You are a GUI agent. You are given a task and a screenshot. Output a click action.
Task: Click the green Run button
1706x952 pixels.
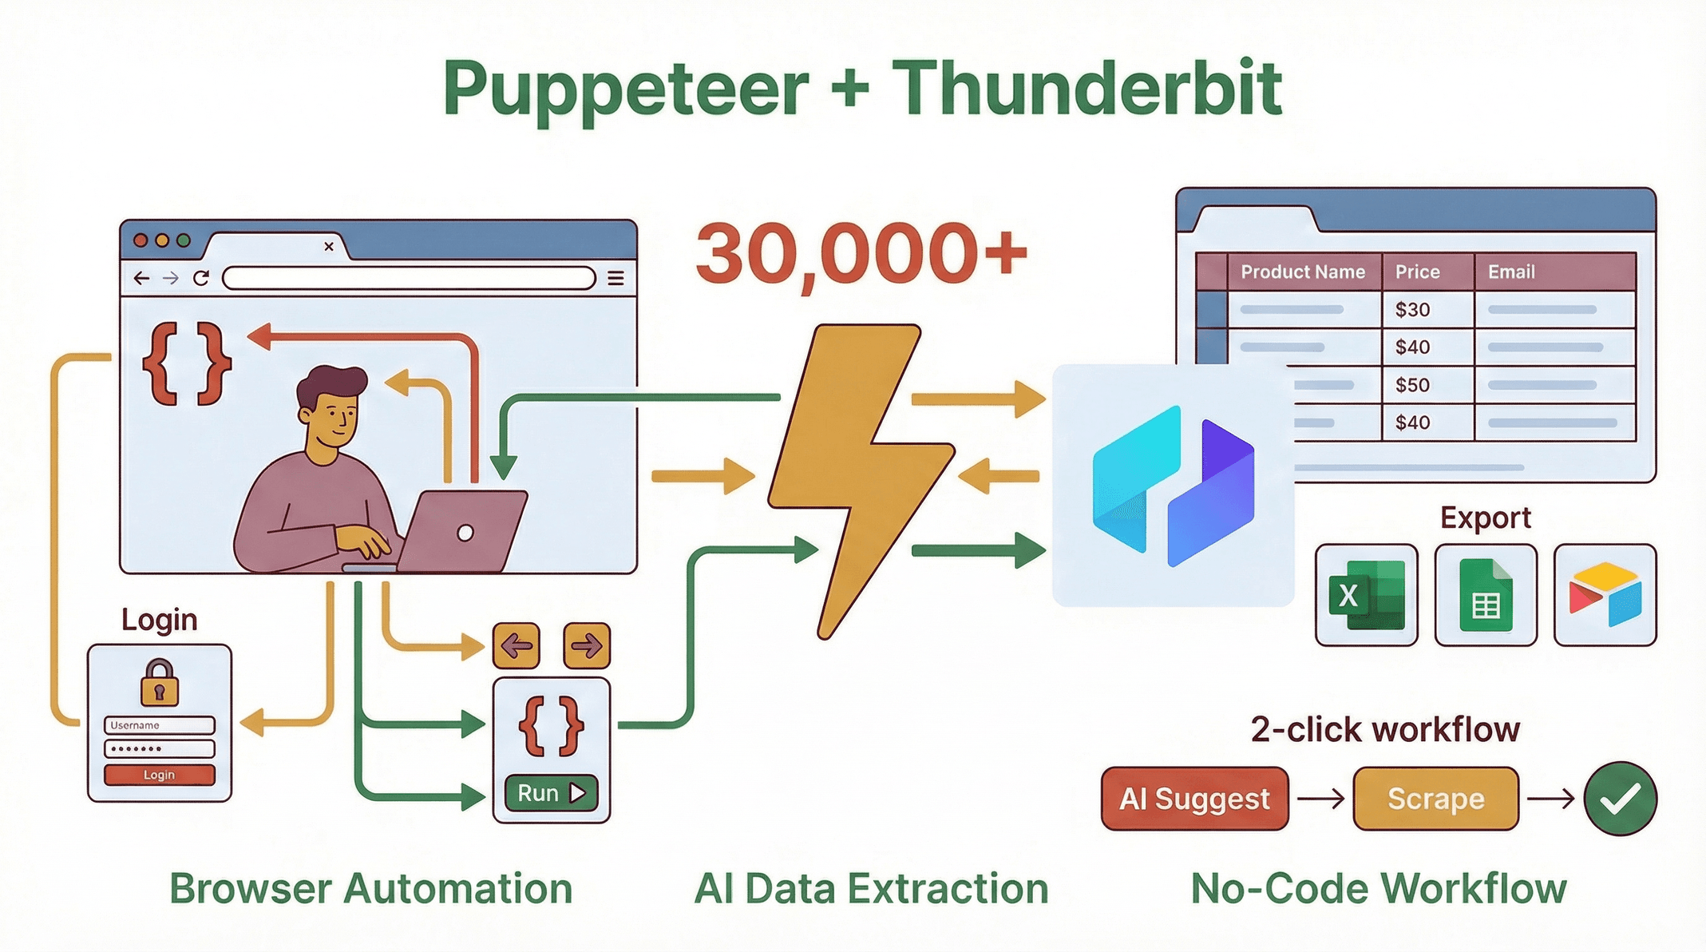click(551, 793)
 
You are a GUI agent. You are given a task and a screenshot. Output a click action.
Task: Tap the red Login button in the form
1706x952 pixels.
click(159, 775)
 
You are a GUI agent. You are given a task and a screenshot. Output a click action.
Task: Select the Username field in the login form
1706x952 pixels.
click(159, 725)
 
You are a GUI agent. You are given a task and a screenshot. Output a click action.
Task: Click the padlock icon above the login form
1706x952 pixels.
click(159, 683)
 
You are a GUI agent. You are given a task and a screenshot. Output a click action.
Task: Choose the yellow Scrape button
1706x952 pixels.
click(1435, 799)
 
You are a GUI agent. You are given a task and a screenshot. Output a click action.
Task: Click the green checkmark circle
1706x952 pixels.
click(1620, 799)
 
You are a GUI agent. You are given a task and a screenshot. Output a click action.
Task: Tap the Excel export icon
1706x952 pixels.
click(1366, 595)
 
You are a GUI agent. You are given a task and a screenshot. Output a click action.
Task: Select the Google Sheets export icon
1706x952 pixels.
click(1485, 595)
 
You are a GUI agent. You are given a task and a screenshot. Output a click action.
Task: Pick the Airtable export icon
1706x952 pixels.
click(1605, 595)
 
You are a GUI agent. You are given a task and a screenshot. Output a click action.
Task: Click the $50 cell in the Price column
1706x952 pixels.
click(1412, 385)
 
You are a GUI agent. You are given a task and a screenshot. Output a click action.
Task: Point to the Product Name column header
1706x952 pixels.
click(1302, 272)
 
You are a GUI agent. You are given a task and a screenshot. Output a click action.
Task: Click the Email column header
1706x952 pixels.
click(1510, 272)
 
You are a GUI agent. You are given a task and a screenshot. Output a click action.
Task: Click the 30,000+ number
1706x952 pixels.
click(861, 254)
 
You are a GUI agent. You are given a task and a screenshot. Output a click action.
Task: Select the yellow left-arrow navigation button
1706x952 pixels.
click(517, 645)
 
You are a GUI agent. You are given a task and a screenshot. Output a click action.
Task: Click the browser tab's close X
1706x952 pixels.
click(329, 247)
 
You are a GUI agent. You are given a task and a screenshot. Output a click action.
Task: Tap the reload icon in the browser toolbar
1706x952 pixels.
click(201, 278)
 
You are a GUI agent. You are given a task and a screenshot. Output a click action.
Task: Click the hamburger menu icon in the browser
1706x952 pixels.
click(616, 278)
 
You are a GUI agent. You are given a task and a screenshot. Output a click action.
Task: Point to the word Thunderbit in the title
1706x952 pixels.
click(1086, 89)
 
